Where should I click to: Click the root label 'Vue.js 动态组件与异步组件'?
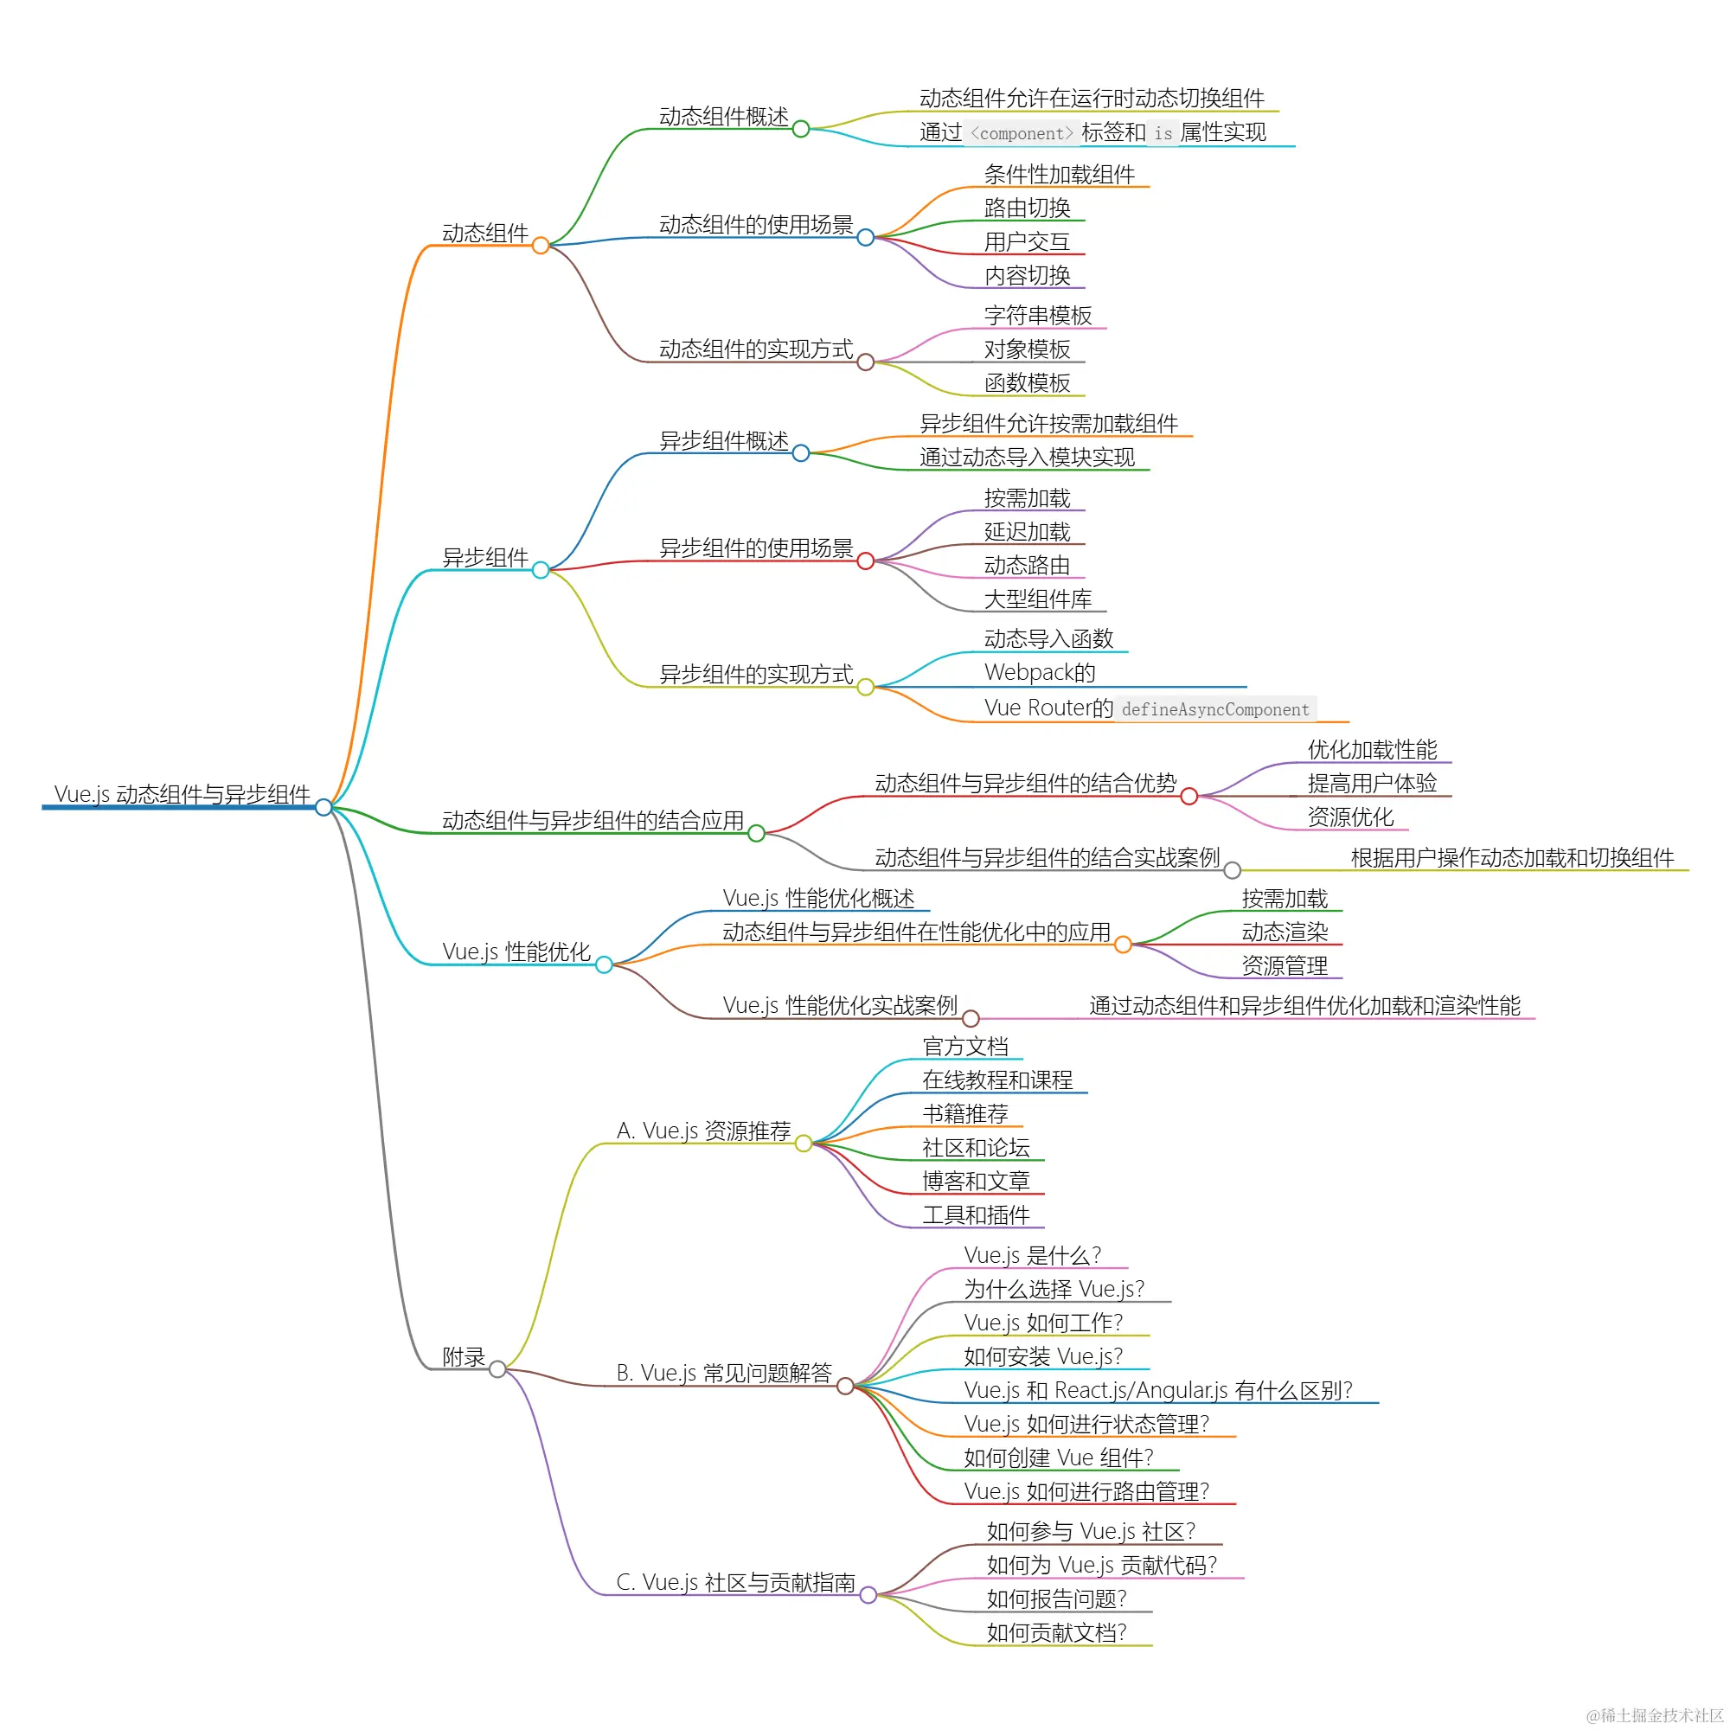pos(182,794)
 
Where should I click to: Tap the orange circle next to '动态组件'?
pos(540,246)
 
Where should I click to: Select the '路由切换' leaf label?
pos(1026,208)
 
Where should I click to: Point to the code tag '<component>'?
pos(1021,133)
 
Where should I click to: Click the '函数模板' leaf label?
pos(1026,382)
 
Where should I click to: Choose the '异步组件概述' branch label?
pos(723,440)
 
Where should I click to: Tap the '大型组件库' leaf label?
pos(1037,599)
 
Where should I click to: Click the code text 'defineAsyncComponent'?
pos(1214,709)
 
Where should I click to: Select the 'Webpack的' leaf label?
pos(1039,672)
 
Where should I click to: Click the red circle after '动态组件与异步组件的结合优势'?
pos(1189,796)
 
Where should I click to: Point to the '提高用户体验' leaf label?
pos(1371,783)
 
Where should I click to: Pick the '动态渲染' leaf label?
pos(1284,932)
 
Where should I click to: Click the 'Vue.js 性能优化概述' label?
pos(817,898)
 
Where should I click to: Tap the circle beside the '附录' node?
pos(498,1368)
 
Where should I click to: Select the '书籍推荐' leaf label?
pos(964,1113)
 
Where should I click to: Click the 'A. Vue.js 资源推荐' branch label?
pos(703,1131)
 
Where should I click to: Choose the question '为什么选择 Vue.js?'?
pos(1053,1289)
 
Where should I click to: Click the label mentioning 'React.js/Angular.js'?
pos(1157,1390)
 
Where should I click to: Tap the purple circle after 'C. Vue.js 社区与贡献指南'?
pos(868,1595)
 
